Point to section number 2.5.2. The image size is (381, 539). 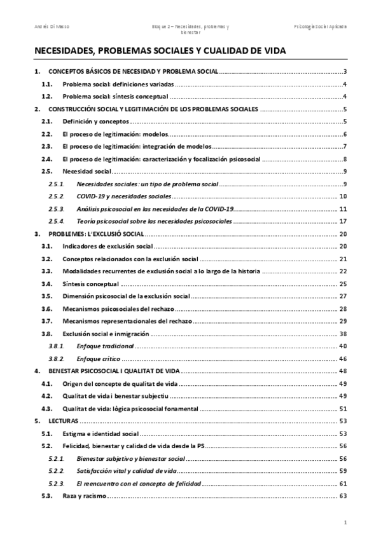[57, 196]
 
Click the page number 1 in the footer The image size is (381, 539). [343, 522]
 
